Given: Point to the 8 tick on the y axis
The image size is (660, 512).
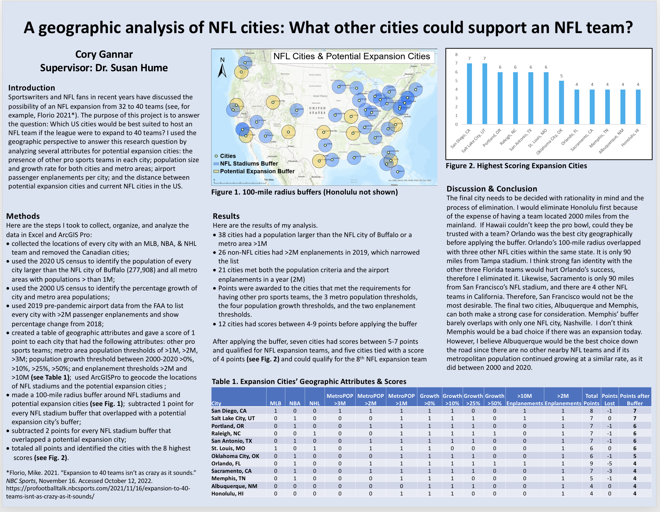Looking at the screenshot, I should point(457,55).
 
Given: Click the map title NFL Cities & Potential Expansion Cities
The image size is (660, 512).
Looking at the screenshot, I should point(352,56).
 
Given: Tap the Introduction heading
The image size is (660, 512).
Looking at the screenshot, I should point(32,88).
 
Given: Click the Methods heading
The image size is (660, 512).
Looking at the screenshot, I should point(23,216).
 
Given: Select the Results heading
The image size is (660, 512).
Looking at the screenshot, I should point(226,216).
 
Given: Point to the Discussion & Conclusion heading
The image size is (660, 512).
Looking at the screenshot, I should point(492,189).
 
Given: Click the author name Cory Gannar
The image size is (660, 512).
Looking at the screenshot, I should point(104,54).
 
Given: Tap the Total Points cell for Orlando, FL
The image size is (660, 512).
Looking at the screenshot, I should point(591,463).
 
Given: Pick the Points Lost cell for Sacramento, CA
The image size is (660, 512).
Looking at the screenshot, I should point(609,471).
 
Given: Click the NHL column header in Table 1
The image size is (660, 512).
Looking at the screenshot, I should point(314,403).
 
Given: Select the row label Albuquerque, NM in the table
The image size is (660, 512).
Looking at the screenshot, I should point(234,486).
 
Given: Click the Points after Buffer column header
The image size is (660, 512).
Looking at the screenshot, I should point(635,400).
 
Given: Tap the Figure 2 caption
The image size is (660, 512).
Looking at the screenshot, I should point(516,166).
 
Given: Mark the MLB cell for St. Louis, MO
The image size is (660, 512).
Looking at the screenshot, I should point(275,449).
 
